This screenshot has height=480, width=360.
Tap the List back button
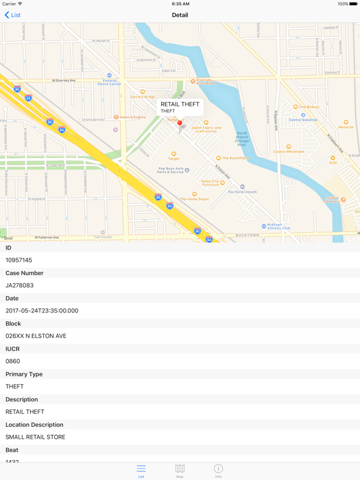(x=12, y=15)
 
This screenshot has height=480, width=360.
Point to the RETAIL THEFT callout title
(x=180, y=104)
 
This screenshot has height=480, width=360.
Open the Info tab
(x=218, y=471)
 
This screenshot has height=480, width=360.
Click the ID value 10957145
(x=19, y=260)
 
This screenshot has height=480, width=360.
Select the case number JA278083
(x=19, y=286)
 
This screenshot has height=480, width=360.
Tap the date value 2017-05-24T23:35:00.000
(x=42, y=311)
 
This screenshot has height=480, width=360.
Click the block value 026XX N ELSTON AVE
(x=36, y=336)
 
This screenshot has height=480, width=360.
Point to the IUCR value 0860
(x=12, y=361)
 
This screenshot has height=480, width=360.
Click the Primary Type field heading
(x=24, y=374)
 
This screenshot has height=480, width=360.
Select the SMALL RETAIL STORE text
(x=35, y=437)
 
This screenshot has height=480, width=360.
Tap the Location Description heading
(x=35, y=424)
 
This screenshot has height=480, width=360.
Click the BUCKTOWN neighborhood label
(x=247, y=236)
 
